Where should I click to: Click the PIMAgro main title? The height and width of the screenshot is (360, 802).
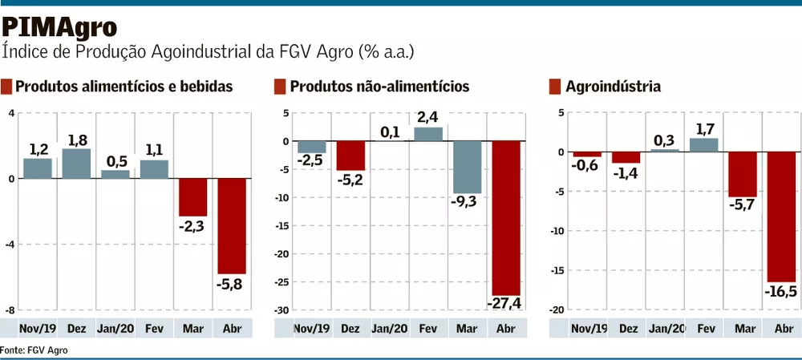(59, 27)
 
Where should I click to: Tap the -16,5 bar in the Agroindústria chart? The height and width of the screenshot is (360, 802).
(781, 216)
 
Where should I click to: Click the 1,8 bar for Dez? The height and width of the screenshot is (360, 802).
(76, 164)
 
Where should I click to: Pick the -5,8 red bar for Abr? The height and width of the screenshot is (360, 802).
(233, 226)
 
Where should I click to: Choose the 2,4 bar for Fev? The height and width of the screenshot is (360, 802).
(428, 134)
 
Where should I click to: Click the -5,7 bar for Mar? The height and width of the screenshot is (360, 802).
(742, 174)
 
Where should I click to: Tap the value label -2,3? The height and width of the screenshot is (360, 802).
(193, 227)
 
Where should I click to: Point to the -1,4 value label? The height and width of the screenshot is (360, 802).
(626, 173)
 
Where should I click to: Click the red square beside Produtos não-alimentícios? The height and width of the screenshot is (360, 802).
(280, 87)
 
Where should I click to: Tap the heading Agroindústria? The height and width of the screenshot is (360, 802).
(613, 87)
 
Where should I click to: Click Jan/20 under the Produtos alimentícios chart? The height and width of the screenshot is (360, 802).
(115, 329)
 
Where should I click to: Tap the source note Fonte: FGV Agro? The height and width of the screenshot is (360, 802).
(34, 350)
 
